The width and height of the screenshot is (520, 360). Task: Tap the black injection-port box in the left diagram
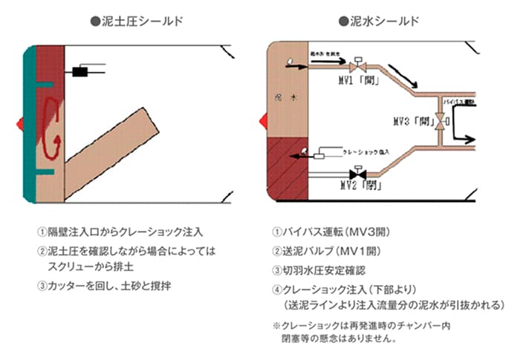(79, 71)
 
